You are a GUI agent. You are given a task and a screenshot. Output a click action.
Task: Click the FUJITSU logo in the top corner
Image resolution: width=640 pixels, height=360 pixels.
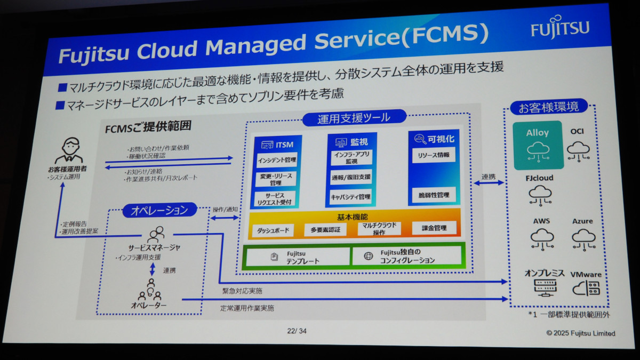tap(559, 29)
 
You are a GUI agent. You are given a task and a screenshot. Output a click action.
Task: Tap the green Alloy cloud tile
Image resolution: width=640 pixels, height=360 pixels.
tap(538, 145)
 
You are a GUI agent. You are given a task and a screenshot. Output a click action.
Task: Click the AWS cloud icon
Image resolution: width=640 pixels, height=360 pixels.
tap(542, 238)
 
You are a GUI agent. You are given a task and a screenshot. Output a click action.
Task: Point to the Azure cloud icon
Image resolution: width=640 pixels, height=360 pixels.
tap(583, 238)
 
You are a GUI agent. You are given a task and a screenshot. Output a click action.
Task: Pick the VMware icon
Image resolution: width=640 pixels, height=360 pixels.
tap(586, 289)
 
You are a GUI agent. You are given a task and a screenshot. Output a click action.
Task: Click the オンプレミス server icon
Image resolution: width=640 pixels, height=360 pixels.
tap(544, 288)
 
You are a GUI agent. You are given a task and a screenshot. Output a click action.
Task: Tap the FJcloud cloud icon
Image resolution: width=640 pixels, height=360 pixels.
tap(540, 195)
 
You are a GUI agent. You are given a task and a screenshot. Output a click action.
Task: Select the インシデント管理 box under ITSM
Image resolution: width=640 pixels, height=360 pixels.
tap(276, 159)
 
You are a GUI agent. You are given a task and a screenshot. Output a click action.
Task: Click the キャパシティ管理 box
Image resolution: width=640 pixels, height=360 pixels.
tap(350, 197)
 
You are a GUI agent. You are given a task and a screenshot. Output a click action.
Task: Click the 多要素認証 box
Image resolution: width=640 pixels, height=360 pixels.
tap(325, 229)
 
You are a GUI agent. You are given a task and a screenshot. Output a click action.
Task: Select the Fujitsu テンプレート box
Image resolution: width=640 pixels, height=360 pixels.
tap(297, 257)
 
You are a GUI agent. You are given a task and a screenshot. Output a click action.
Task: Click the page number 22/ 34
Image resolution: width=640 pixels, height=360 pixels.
tap(297, 331)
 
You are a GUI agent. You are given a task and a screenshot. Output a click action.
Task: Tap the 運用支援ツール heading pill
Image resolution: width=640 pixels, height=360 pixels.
tap(354, 118)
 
